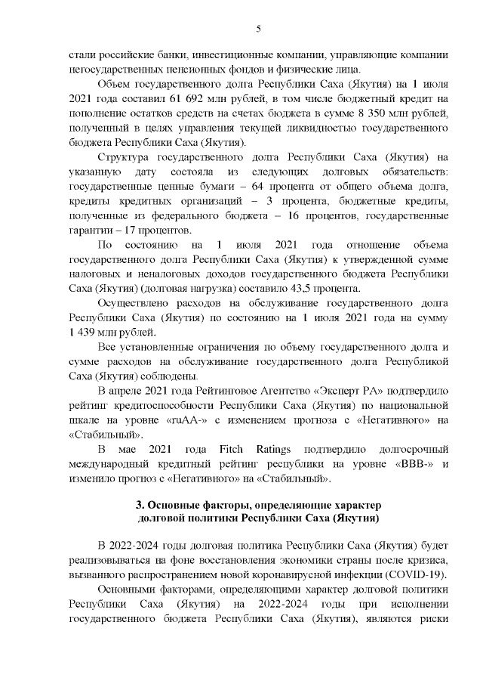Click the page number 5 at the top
coord(258,29)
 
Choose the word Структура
coord(122,156)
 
